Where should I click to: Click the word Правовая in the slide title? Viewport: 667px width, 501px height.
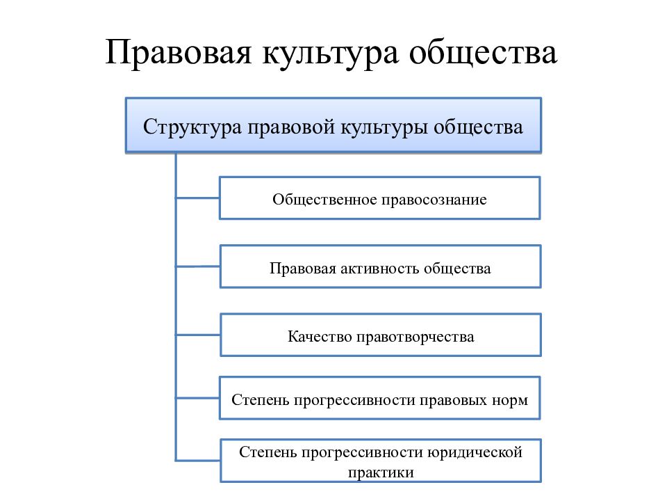[x=179, y=52]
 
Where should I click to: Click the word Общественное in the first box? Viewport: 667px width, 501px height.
[x=324, y=200]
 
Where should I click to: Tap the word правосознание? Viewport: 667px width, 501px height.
[x=434, y=200]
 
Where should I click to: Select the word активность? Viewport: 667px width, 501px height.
[x=379, y=269]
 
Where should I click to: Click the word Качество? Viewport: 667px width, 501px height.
[x=320, y=337]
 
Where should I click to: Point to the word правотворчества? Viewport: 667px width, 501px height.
[x=415, y=337]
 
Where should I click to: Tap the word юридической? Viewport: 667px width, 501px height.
[x=475, y=452]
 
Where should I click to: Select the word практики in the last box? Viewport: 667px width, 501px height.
[x=381, y=473]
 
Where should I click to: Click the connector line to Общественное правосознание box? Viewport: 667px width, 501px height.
[x=198, y=198]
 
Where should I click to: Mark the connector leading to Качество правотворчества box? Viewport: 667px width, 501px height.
[x=198, y=335]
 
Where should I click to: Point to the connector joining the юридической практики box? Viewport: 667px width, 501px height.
[x=198, y=460]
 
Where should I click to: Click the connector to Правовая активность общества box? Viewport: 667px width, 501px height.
[x=198, y=267]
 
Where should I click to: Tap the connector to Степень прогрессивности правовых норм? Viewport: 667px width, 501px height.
[x=198, y=398]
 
